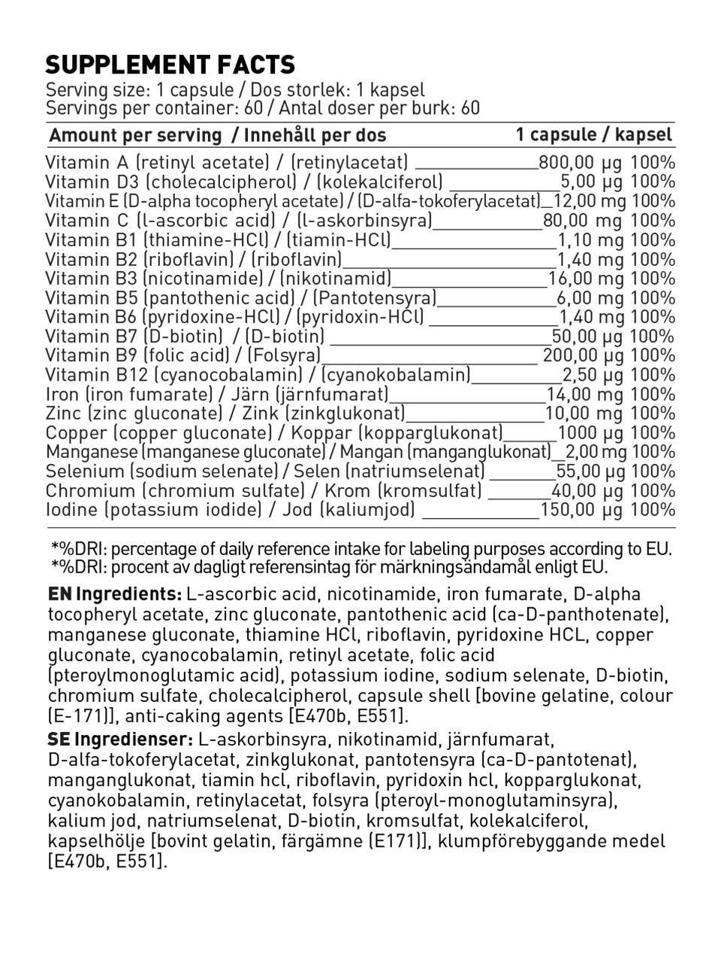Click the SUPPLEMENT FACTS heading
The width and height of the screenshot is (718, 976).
[x=170, y=65]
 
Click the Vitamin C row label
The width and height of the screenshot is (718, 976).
[x=87, y=221]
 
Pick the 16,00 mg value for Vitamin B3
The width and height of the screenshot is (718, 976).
[x=586, y=279]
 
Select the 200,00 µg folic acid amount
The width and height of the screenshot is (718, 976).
[x=583, y=356]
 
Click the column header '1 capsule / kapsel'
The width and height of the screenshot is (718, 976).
[x=593, y=135]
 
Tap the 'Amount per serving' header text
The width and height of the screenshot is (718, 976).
[x=136, y=136]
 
